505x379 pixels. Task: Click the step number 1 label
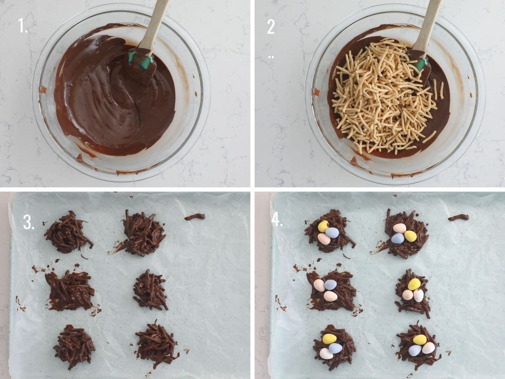pos(22,26)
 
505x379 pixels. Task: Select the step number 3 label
pos(29,222)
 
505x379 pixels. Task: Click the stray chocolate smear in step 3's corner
pos(194,217)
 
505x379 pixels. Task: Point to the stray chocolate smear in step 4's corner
pos(458,217)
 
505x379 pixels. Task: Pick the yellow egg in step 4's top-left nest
pos(323,226)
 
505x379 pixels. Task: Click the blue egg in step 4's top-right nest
pos(398,238)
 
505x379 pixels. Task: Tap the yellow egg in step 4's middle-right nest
pos(414,284)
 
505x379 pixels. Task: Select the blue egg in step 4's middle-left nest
pos(330,285)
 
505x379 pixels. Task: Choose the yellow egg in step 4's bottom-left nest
pos(329,339)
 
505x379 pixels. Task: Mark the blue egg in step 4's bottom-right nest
pos(415,350)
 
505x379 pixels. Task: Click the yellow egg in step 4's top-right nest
pos(410,236)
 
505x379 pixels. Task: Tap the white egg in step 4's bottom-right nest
pos(428,348)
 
